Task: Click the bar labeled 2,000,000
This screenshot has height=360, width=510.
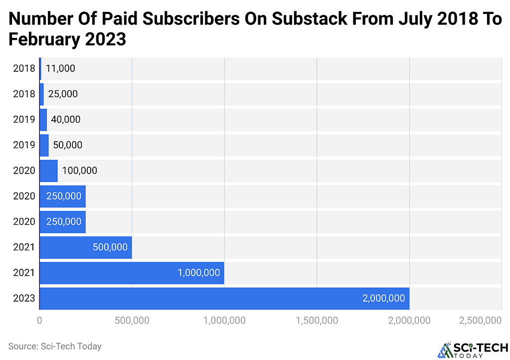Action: click(224, 298)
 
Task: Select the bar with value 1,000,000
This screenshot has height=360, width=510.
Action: click(132, 273)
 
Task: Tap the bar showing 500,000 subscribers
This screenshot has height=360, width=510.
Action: click(85, 247)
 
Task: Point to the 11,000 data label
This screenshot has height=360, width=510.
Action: click(60, 68)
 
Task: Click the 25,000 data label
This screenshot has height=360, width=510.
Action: click(63, 94)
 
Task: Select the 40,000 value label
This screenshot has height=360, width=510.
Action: click(65, 120)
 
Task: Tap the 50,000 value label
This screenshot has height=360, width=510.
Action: click(67, 145)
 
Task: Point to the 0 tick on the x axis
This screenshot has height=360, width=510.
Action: click(39, 321)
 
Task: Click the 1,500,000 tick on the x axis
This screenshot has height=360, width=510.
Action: click(317, 321)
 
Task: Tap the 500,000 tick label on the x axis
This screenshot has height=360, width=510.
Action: click(132, 321)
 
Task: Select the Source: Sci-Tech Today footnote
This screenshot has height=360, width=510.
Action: click(55, 346)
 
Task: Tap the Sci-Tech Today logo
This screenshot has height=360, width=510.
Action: click(473, 350)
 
